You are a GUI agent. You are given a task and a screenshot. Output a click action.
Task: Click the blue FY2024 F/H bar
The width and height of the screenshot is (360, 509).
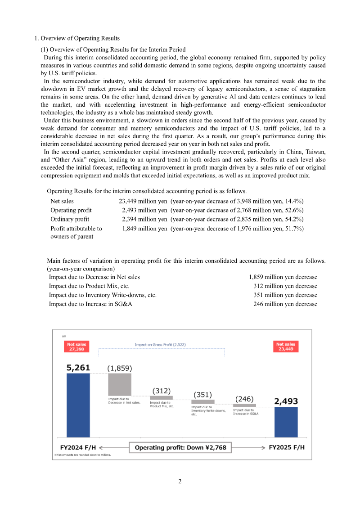[78, 405]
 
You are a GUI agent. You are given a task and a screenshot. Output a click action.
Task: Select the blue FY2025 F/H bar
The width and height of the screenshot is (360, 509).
[286, 422]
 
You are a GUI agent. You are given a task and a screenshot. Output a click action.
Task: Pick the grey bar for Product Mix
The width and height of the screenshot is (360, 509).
[161, 398]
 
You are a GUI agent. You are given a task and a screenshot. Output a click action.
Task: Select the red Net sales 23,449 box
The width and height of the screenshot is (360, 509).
[286, 347]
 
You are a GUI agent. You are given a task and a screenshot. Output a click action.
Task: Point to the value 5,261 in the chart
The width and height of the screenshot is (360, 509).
[78, 368]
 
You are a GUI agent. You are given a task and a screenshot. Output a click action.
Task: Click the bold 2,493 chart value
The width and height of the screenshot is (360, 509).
[286, 401]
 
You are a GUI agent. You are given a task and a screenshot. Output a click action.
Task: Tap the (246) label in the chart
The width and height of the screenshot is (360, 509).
[244, 399]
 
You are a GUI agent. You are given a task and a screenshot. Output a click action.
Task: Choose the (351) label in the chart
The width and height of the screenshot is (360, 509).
[202, 394]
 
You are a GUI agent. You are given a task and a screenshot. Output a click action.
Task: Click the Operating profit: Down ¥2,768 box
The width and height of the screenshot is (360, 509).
[180, 447]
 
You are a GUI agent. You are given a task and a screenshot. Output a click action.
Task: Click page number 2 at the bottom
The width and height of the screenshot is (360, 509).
[180, 482]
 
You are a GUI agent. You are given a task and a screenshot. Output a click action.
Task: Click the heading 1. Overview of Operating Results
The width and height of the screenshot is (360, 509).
[77, 38]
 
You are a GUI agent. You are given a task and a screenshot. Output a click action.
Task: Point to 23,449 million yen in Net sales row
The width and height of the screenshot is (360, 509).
[140, 201]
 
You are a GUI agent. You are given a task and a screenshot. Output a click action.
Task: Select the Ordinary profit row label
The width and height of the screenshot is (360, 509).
[70, 219]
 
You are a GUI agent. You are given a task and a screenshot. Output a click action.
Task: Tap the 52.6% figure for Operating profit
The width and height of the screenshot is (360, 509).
[295, 210]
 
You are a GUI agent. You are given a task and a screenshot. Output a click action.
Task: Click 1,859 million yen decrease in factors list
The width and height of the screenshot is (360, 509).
[283, 277]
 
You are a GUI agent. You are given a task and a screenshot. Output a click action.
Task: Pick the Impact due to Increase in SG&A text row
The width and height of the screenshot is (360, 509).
[90, 304]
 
